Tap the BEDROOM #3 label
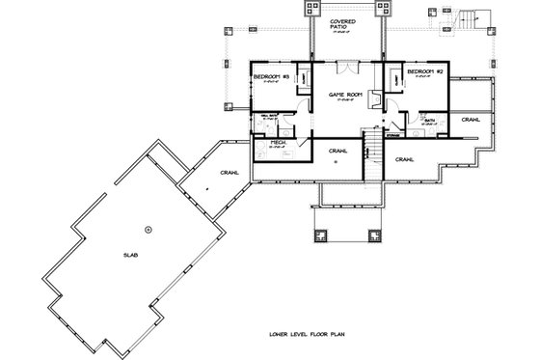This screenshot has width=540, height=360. (267, 75)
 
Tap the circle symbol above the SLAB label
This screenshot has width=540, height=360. (148, 229)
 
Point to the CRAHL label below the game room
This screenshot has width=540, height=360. (337, 151)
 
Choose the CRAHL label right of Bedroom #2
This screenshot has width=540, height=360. (471, 120)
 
